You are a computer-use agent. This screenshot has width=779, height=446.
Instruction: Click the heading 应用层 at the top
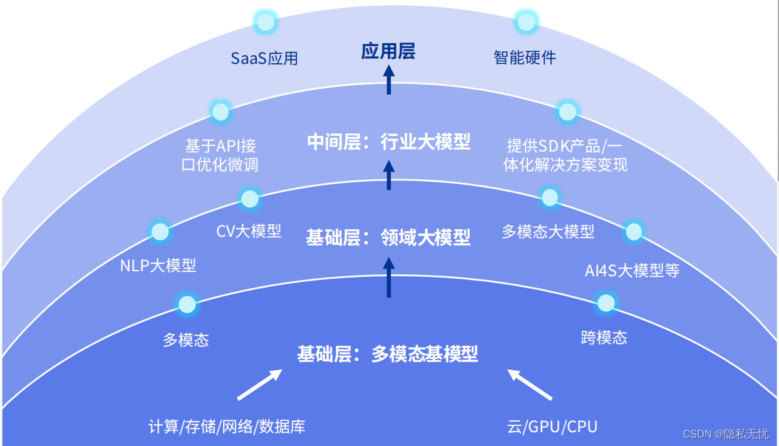coord(388,51)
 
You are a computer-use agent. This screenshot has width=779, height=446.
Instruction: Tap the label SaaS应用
coord(264,58)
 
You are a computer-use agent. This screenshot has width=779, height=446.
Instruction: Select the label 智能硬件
coord(525,58)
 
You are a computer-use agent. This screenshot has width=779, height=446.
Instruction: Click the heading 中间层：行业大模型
coord(389,142)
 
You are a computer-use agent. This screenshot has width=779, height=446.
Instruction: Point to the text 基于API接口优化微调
coord(220,155)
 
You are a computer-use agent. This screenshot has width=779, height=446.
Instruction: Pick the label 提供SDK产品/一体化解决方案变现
coord(565,155)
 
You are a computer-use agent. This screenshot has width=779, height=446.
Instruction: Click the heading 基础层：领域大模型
coord(388,237)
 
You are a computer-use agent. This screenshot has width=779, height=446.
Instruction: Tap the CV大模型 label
coord(249,231)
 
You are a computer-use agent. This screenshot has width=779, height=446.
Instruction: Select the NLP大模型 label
coord(158,266)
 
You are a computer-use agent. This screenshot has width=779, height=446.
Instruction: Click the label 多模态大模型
coord(548,232)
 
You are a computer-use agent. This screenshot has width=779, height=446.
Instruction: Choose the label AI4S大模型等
coord(632,271)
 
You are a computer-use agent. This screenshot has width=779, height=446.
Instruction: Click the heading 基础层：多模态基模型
coord(388,354)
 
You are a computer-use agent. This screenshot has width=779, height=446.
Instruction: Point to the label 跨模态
coord(604,338)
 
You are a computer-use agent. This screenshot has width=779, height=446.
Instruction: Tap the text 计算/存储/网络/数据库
coord(227,427)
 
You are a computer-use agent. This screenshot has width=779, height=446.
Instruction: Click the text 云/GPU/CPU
coord(552,427)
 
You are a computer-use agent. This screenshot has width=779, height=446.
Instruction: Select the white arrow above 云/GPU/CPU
coord(529,385)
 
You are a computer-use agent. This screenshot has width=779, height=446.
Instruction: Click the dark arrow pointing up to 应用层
coord(389,80)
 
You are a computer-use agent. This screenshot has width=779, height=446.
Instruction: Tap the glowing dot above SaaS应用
coord(266,23)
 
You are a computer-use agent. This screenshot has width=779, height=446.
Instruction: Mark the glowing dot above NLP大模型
coord(160,232)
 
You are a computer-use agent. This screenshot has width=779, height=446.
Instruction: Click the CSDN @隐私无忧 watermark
coord(726,434)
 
